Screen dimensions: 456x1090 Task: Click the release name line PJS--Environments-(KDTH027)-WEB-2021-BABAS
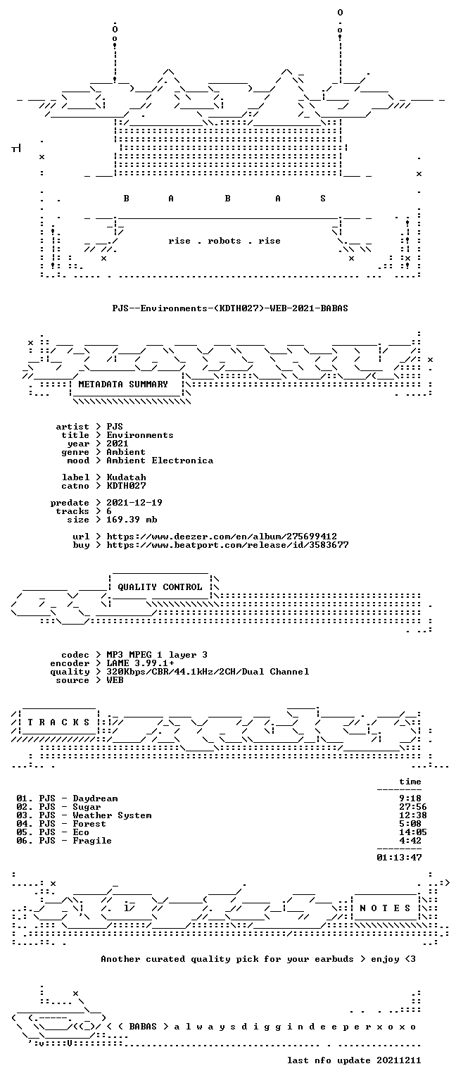tap(230, 308)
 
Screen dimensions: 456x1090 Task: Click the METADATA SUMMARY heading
tap(123, 384)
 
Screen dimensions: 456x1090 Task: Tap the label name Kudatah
tap(127, 477)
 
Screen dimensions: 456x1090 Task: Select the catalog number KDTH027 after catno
tap(127, 486)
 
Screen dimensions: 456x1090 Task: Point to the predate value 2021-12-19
tap(134, 502)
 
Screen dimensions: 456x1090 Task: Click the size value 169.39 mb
tap(132, 519)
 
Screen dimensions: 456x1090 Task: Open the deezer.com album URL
tap(222, 537)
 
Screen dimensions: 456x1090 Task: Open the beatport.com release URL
tap(227, 545)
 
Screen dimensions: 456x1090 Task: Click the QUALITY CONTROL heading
tap(160, 587)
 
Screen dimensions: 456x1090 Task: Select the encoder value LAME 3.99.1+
tap(141, 663)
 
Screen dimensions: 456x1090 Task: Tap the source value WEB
tap(115, 679)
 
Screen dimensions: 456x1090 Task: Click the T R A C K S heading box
tap(59, 722)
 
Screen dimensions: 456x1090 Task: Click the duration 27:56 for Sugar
tap(413, 807)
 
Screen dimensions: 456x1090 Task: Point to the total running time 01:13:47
tap(399, 857)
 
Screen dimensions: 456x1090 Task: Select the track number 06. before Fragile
tap(25, 840)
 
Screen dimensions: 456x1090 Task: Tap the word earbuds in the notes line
tap(334, 958)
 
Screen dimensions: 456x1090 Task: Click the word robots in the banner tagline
tap(224, 241)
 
